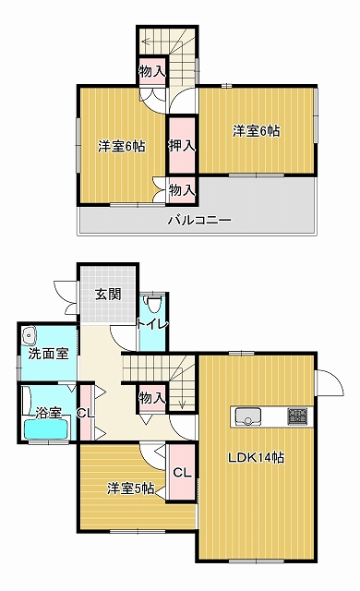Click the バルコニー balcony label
(199, 220)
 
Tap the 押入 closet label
(182, 146)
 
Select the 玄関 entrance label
(108, 294)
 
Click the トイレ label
(152, 324)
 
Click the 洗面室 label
(48, 354)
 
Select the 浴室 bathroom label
(48, 413)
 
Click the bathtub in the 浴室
(47, 428)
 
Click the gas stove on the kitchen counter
(297, 416)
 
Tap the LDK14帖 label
(256, 458)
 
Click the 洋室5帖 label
(131, 488)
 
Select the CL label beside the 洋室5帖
(182, 472)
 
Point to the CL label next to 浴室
(86, 413)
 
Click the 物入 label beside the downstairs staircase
(151, 397)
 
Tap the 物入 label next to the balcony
(182, 190)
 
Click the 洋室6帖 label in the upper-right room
(256, 131)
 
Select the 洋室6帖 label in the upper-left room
(122, 146)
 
